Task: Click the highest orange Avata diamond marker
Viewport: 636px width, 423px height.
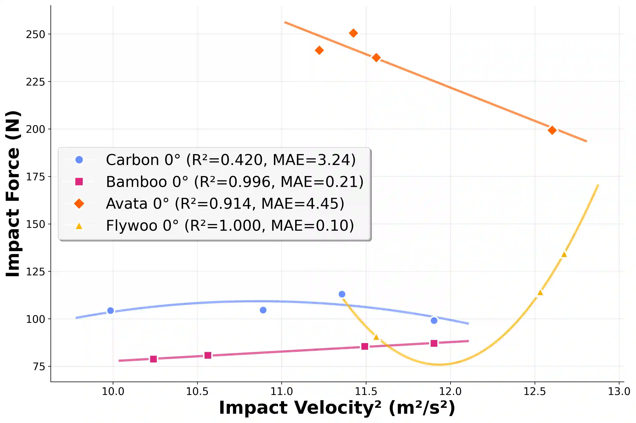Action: (353, 33)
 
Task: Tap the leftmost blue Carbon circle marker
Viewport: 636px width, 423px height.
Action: (110, 311)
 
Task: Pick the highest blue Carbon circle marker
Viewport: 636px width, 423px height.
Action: (342, 294)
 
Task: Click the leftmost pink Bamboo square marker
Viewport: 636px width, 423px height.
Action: (153, 359)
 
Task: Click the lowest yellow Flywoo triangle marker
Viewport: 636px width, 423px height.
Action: (376, 337)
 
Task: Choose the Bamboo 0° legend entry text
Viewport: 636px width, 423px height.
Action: (234, 182)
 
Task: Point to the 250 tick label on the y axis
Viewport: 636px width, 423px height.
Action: (35, 34)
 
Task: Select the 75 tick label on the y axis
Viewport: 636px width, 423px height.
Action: (39, 367)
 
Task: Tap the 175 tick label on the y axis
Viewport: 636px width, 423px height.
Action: (35, 177)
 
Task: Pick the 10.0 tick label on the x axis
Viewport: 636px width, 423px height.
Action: (113, 391)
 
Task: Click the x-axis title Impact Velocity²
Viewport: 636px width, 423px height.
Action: (337, 408)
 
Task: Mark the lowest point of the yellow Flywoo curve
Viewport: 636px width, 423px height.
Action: (440, 364)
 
